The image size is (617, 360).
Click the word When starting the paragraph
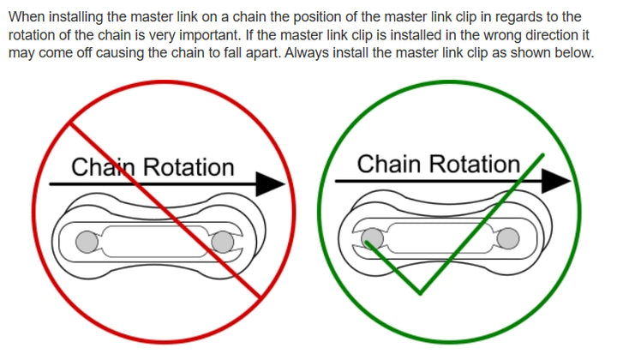tap(26, 17)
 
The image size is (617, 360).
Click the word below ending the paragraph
tap(573, 53)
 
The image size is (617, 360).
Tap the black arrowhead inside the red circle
tap(271, 183)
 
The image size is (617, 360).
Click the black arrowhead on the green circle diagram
tap(557, 180)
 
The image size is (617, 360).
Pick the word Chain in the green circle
tap(386, 164)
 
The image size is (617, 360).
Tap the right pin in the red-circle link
tap(223, 243)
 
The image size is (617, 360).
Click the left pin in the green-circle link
tap(372, 237)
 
